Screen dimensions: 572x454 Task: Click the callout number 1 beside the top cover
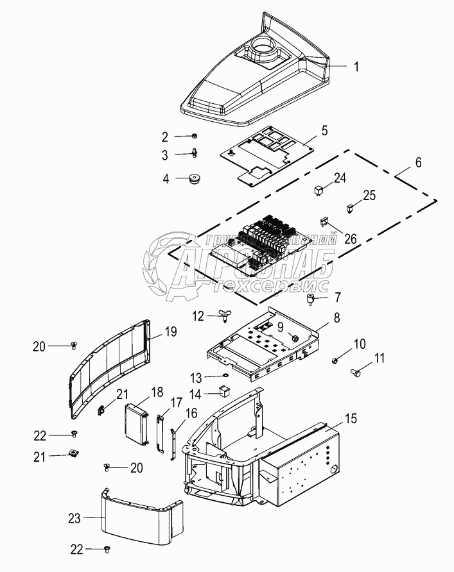[x=356, y=65]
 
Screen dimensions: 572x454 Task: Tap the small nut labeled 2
[x=194, y=137]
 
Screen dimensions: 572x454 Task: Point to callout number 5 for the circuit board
[x=324, y=131]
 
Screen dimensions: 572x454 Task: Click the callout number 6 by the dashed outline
[x=418, y=163]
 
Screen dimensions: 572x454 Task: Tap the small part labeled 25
[x=351, y=208]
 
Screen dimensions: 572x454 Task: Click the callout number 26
[x=349, y=239]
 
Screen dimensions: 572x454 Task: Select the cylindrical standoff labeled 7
[x=310, y=299]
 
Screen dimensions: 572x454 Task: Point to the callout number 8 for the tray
[x=336, y=317]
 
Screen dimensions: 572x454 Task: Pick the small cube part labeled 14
[x=225, y=390]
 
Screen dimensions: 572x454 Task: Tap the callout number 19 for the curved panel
[x=170, y=332]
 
